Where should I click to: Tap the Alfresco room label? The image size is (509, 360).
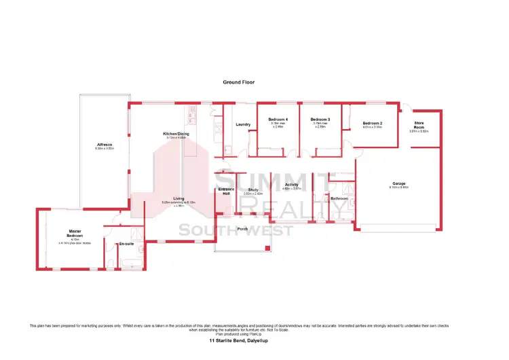coord(105,145)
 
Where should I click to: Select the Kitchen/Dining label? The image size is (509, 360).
coord(175,134)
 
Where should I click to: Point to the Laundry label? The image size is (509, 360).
coord(244,124)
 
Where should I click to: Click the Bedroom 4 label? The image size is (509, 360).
coord(278,120)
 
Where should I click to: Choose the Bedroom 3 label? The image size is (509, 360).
coord(320,120)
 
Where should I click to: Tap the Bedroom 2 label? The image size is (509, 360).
coord(373,123)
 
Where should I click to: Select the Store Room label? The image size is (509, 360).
coord(419,125)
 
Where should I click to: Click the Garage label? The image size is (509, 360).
coord(398,183)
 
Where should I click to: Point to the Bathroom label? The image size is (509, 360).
coord(339,198)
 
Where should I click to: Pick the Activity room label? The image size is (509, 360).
coord(292,184)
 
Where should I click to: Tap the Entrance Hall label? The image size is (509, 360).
coord(226,191)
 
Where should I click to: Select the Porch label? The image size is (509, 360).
coord(242,228)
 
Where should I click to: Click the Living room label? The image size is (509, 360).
coord(178,198)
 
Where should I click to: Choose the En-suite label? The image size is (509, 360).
coord(126,243)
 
